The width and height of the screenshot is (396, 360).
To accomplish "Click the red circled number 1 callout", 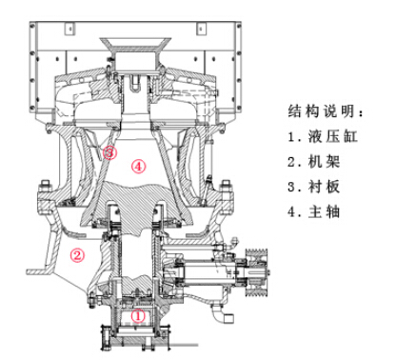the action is click(138, 315).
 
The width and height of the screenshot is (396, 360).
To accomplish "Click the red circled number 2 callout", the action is click(77, 255).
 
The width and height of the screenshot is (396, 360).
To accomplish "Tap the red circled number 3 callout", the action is click(109, 152).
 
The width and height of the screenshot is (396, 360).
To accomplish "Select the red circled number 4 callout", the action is click(138, 166).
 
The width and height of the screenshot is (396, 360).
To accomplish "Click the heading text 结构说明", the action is click(325, 111).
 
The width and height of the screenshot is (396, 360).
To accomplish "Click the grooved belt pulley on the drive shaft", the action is click(257, 272).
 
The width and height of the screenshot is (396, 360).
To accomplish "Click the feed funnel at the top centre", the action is click(135, 45).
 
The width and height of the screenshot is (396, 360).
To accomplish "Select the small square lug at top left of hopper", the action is click(69, 29).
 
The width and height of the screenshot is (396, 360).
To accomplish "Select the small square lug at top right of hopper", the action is click(201, 29).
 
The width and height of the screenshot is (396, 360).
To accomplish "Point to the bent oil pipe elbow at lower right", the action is click(222, 313).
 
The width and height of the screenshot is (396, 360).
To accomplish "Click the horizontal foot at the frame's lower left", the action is click(39, 271).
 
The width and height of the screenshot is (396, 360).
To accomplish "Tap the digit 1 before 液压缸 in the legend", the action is click(291, 137).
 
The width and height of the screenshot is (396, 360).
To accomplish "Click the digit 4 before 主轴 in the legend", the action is click(291, 212).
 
